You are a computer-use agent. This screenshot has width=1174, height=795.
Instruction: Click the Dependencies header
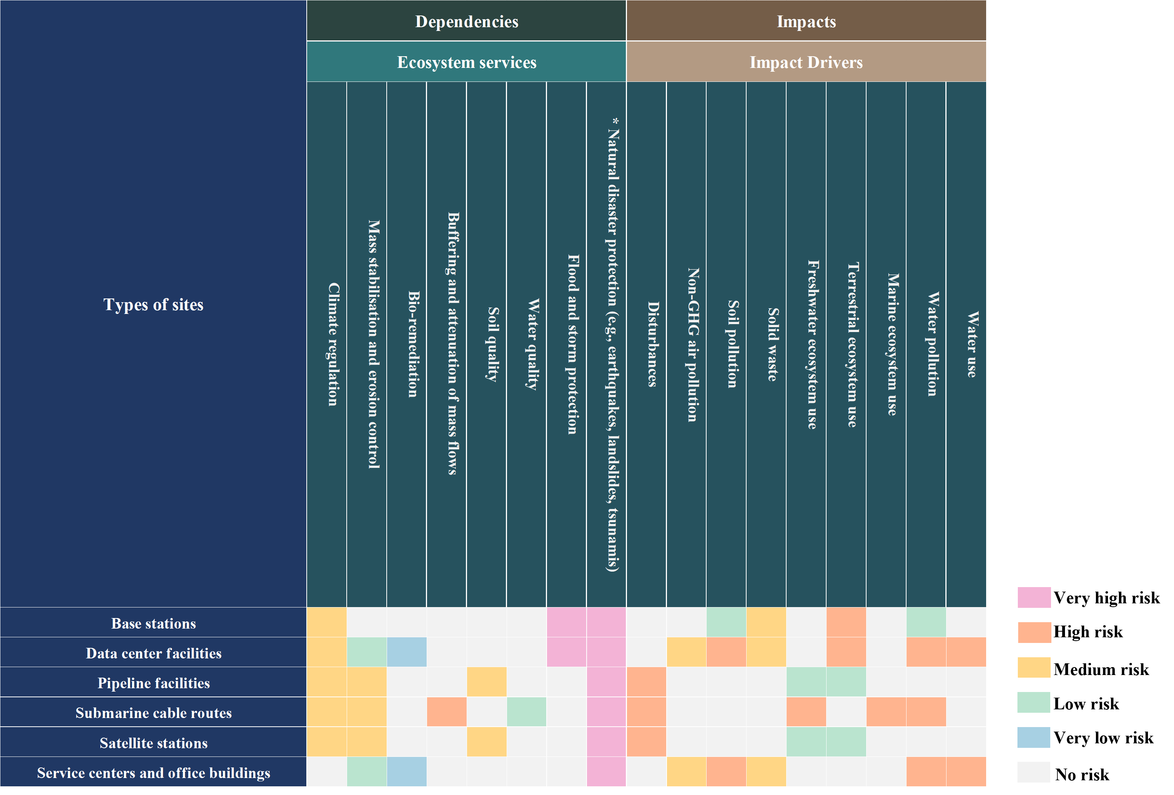[466, 21]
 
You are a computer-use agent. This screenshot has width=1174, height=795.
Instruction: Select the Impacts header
[806, 21]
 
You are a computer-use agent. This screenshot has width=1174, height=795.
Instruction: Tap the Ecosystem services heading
[466, 62]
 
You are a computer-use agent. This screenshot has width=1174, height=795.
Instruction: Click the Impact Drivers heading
[806, 62]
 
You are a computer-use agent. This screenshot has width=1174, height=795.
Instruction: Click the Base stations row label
[153, 623]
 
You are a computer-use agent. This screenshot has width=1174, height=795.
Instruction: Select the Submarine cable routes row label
[153, 713]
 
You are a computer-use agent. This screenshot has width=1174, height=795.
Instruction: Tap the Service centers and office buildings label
[153, 772]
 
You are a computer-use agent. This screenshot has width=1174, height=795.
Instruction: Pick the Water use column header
[971, 344]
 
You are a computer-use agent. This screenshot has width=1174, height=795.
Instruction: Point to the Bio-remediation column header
[413, 344]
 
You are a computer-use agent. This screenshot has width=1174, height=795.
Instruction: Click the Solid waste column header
[772, 344]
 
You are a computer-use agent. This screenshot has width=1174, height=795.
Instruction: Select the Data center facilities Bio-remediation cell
[407, 652]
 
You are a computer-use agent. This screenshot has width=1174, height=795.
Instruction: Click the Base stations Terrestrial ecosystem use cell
[846, 622]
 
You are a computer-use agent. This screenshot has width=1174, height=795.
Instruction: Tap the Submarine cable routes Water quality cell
[526, 712]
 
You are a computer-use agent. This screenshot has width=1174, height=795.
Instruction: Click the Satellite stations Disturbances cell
[646, 741]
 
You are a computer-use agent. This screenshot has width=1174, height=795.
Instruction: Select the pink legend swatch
[1034, 597]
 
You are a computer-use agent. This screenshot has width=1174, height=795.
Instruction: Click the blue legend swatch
[1034, 737]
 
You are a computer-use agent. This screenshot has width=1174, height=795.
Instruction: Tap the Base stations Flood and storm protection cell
[566, 622]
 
